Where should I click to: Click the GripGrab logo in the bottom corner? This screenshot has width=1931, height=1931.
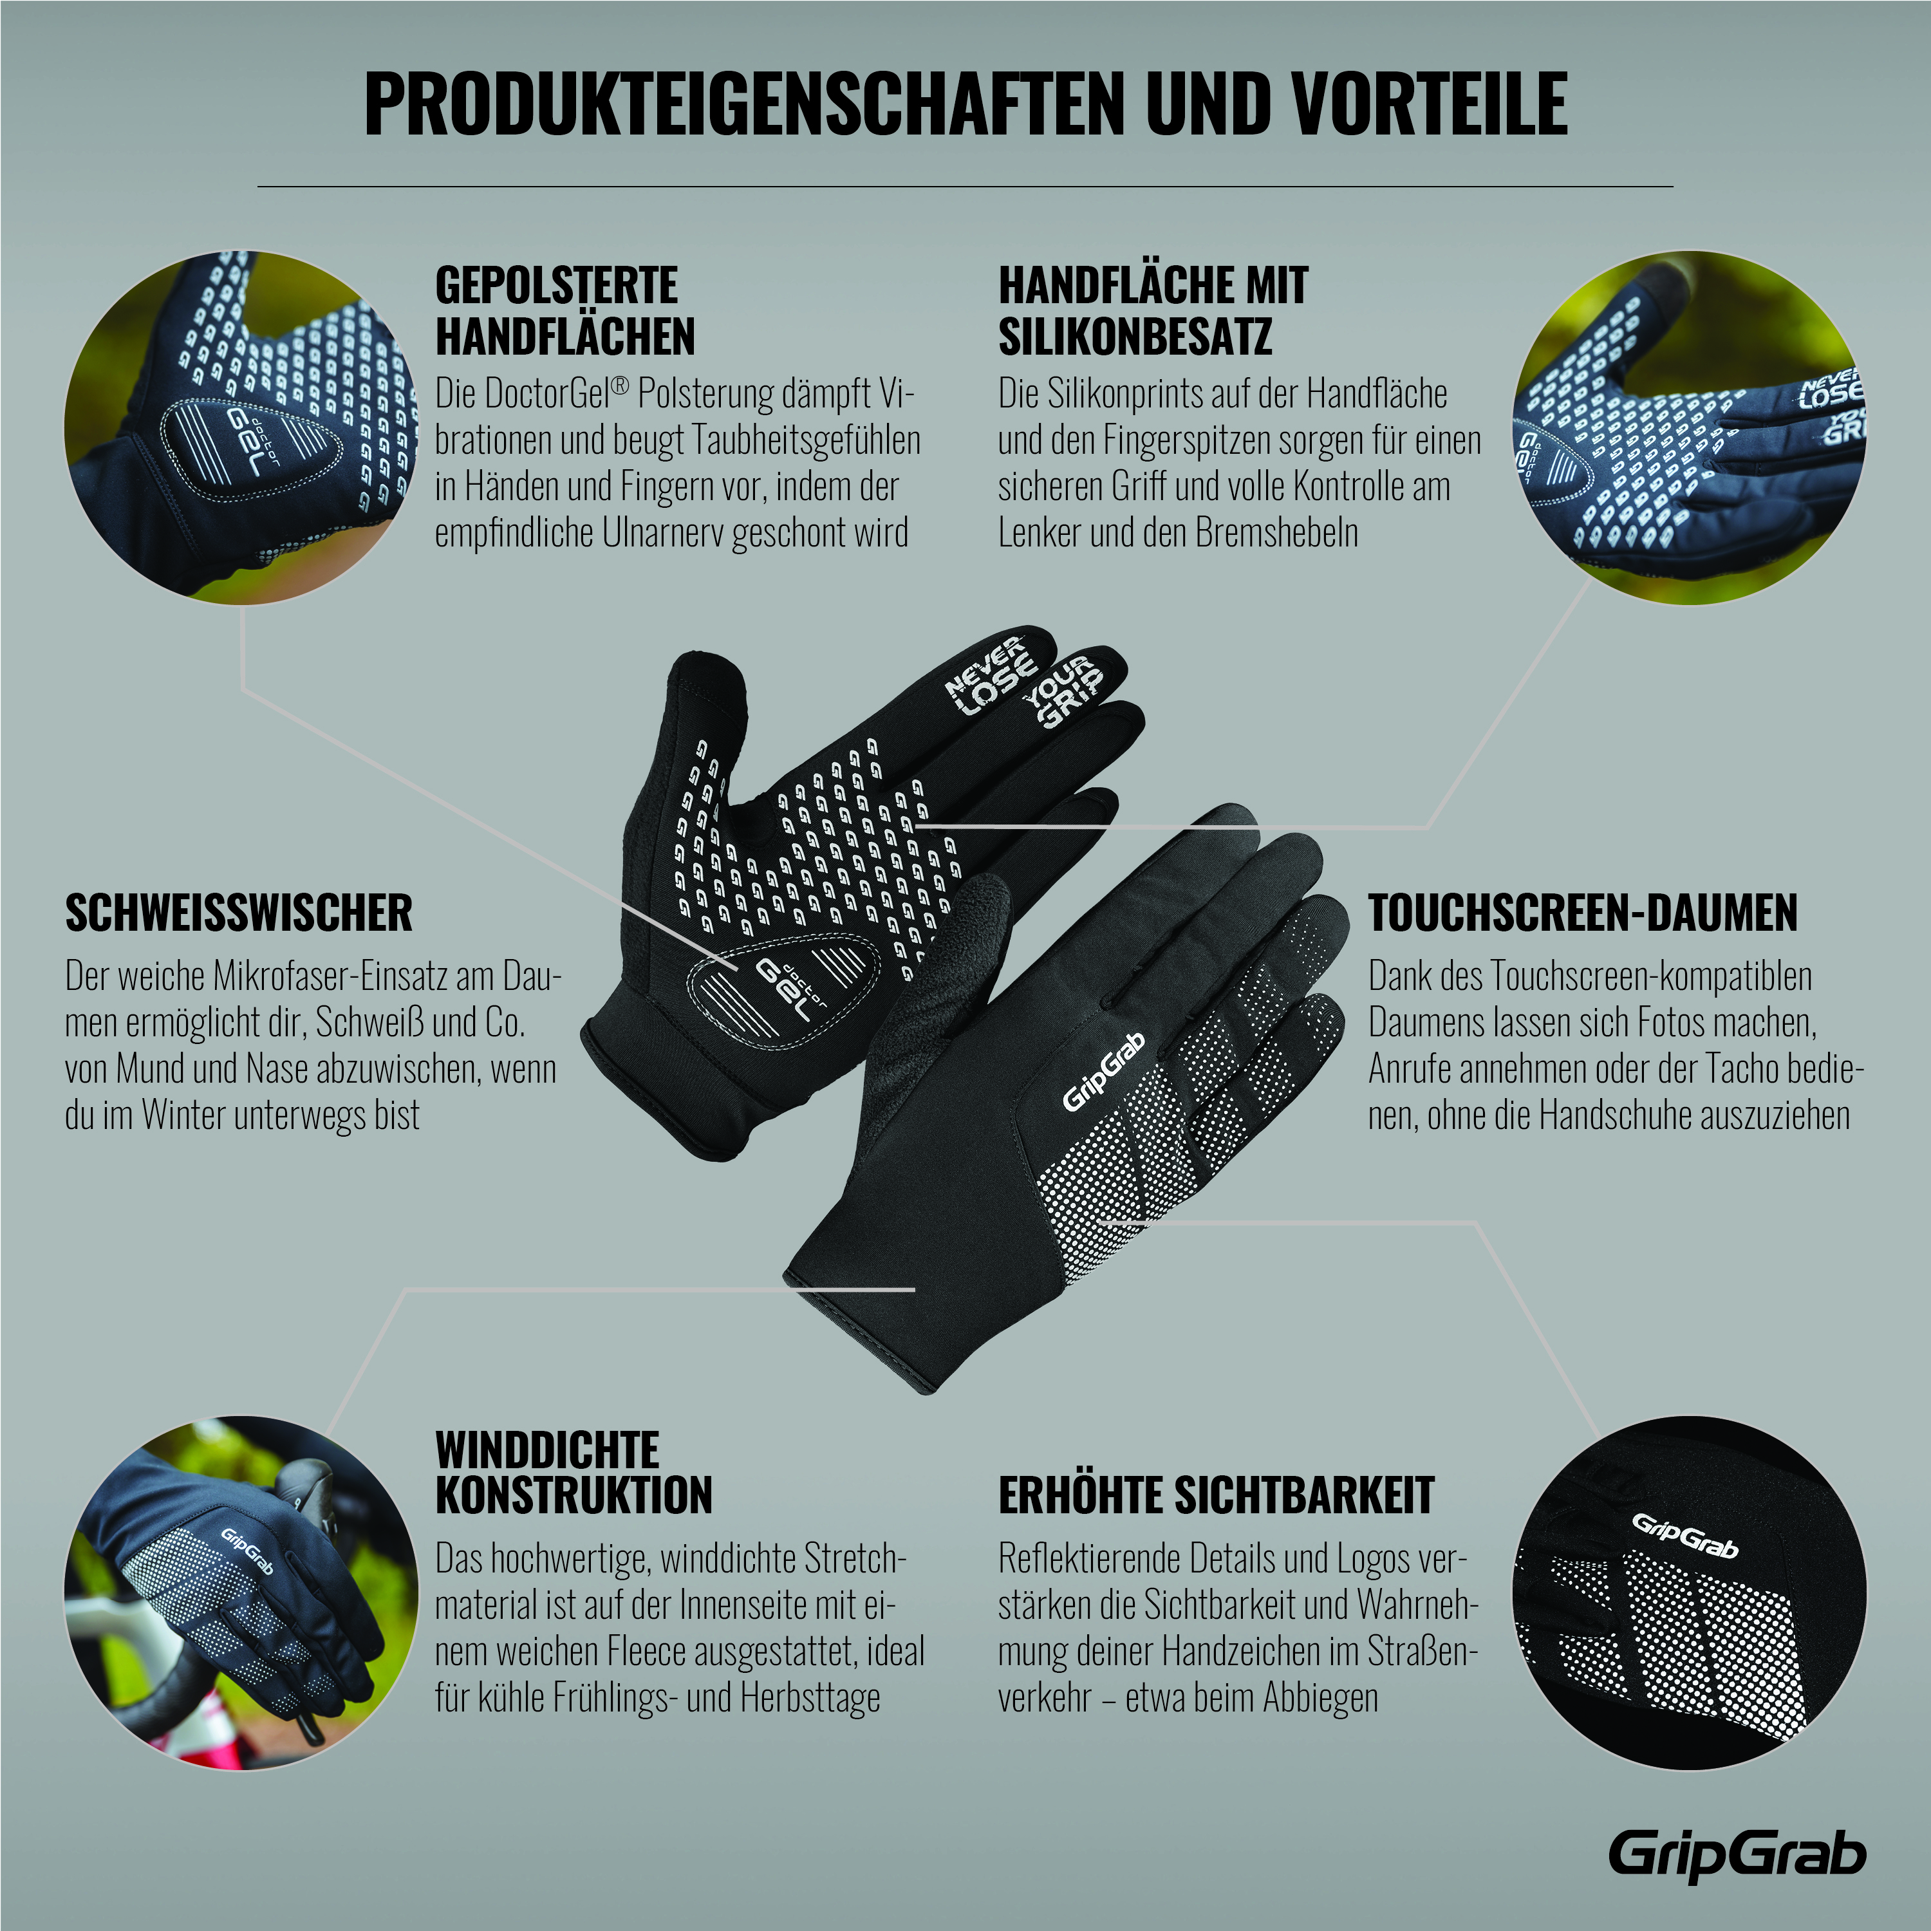1737,1857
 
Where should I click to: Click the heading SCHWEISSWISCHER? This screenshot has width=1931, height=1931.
239,913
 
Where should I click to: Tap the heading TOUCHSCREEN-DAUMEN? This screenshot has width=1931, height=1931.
1583,913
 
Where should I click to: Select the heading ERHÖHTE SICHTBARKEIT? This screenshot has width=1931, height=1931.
1217,1495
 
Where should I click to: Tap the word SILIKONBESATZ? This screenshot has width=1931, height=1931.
1135,336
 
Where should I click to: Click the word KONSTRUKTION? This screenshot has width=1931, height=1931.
574,1495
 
